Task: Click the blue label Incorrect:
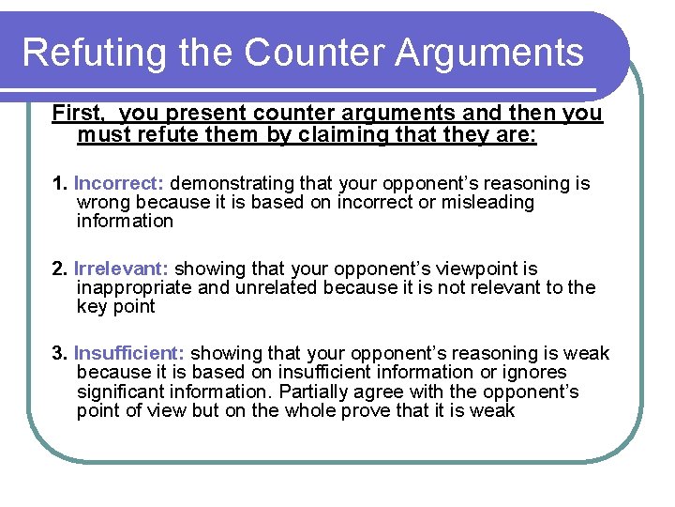[119, 183]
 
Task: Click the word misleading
[487, 203]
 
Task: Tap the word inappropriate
[133, 288]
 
